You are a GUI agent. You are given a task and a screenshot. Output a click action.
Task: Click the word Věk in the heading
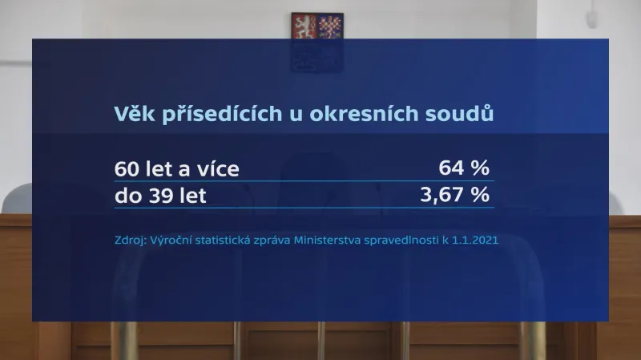[x=133, y=113]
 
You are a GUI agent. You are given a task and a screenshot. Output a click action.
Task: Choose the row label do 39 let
[x=161, y=196]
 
